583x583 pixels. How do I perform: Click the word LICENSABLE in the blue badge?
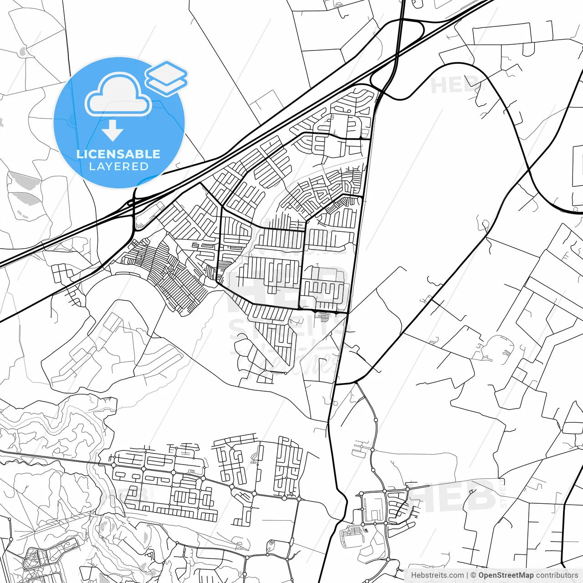118,154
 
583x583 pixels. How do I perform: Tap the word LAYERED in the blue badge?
118,167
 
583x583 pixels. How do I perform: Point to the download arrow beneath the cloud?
113,131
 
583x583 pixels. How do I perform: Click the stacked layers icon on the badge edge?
166,78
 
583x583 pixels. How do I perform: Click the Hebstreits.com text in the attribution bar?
437,575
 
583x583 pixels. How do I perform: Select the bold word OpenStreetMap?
506,575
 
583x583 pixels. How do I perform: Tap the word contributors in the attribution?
557,575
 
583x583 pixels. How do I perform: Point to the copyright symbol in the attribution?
473,575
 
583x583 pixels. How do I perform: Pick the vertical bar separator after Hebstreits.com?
467,575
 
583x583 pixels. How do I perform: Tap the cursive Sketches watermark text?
291,360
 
